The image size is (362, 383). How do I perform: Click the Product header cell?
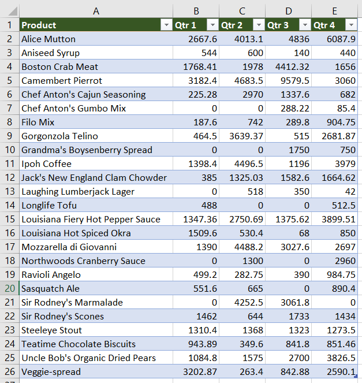click(87, 25)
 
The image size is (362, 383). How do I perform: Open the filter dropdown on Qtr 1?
click(212, 25)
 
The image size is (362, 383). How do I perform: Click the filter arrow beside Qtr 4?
click(350, 25)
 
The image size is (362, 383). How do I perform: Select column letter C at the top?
click(242, 10)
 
